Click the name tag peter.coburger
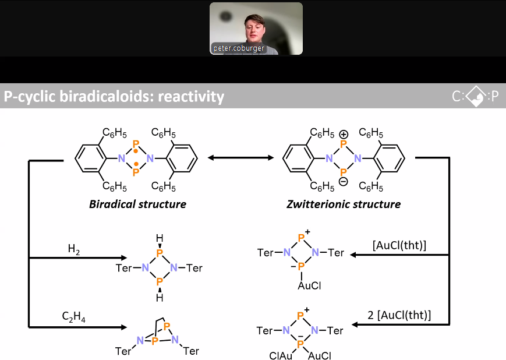click(239, 48)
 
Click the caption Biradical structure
click(138, 204)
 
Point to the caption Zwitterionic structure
click(344, 204)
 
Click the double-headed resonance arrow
click(240, 158)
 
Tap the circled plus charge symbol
click(344, 134)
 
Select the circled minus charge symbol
click(344, 182)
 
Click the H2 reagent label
click(74, 249)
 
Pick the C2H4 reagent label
click(73, 316)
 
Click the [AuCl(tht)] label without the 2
click(399, 245)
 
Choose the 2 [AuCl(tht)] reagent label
click(399, 315)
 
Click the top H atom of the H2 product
click(160, 238)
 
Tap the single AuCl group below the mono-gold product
click(309, 286)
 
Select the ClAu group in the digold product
click(281, 355)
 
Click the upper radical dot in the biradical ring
click(136, 151)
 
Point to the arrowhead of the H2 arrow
click(124, 257)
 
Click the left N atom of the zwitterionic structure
click(329, 158)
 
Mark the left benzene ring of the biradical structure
click(90, 158)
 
